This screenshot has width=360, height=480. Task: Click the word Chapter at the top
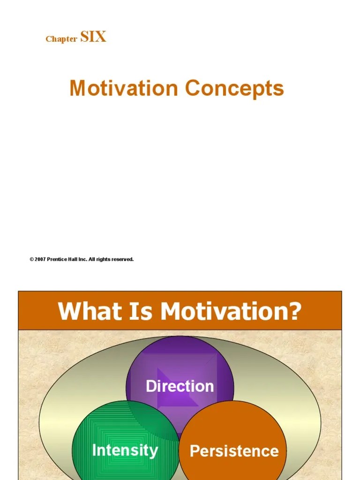tap(61, 39)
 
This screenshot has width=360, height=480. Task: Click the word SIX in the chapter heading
tap(93, 37)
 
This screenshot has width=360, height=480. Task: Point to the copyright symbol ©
tap(31, 259)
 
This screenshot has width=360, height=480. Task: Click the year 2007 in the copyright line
tap(40, 259)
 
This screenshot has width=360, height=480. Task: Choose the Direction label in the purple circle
tap(180, 386)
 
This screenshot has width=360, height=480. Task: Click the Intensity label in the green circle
tap(125, 450)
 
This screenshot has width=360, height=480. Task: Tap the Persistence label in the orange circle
tap(234, 450)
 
